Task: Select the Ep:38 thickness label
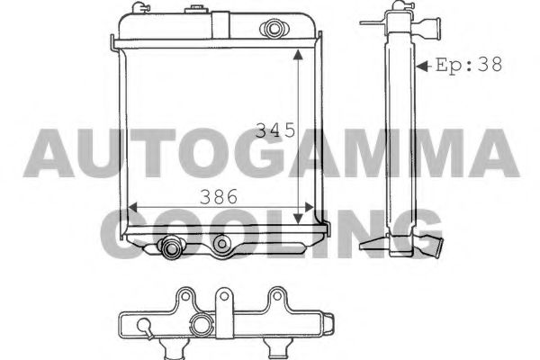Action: point(468,65)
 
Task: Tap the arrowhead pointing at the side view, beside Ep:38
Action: point(422,65)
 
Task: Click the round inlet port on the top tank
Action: point(270,28)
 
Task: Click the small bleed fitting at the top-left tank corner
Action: point(139,8)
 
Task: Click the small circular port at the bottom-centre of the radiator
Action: point(221,242)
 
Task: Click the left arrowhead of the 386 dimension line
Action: point(132,208)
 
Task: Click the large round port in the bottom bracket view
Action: point(201,326)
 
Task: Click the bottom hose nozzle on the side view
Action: point(435,244)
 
